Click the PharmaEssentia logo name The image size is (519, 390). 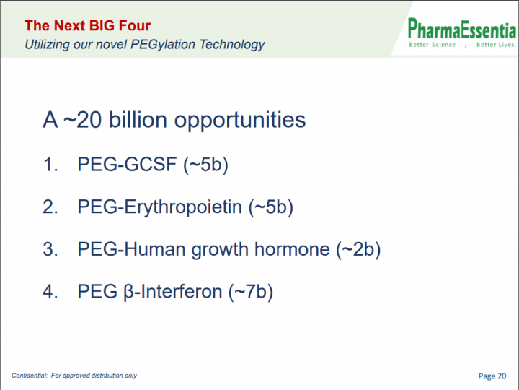tap(462, 28)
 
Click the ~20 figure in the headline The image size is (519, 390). tap(82, 119)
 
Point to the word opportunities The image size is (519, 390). tap(240, 121)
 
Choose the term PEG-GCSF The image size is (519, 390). tap(127, 164)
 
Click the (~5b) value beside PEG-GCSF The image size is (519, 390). tap(206, 165)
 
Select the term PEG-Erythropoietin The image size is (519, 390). tap(159, 207)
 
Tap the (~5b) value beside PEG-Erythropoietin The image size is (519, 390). tap(271, 207)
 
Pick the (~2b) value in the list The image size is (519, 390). tap(358, 249)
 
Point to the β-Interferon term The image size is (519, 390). tap(172, 292)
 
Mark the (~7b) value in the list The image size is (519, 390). tap(251, 292)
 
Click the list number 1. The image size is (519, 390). tap(50, 164)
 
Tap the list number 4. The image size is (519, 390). tap(50, 292)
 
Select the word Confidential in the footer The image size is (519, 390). tap(30, 376)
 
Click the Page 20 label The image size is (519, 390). tap(492, 376)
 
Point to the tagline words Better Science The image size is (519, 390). tap(432, 45)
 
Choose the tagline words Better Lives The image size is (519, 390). tap(496, 45)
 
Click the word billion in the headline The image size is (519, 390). tap(138, 119)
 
